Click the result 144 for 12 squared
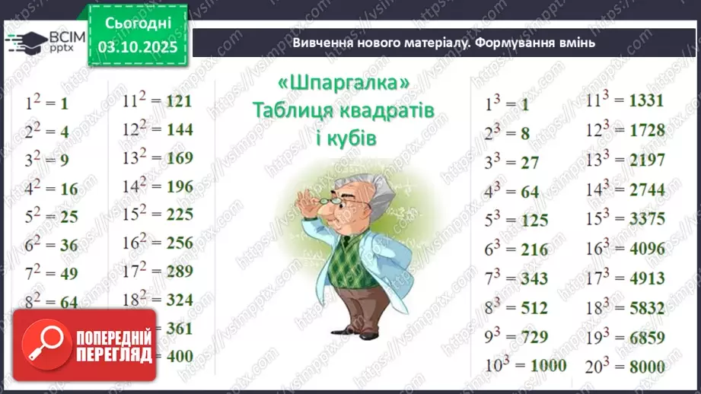180,129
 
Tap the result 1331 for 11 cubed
647,101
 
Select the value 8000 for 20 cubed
647,367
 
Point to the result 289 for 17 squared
180,271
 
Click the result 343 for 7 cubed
534,279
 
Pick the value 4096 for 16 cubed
647,249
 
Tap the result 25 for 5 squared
69,217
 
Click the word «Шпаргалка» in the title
344,82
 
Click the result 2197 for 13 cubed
647,160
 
